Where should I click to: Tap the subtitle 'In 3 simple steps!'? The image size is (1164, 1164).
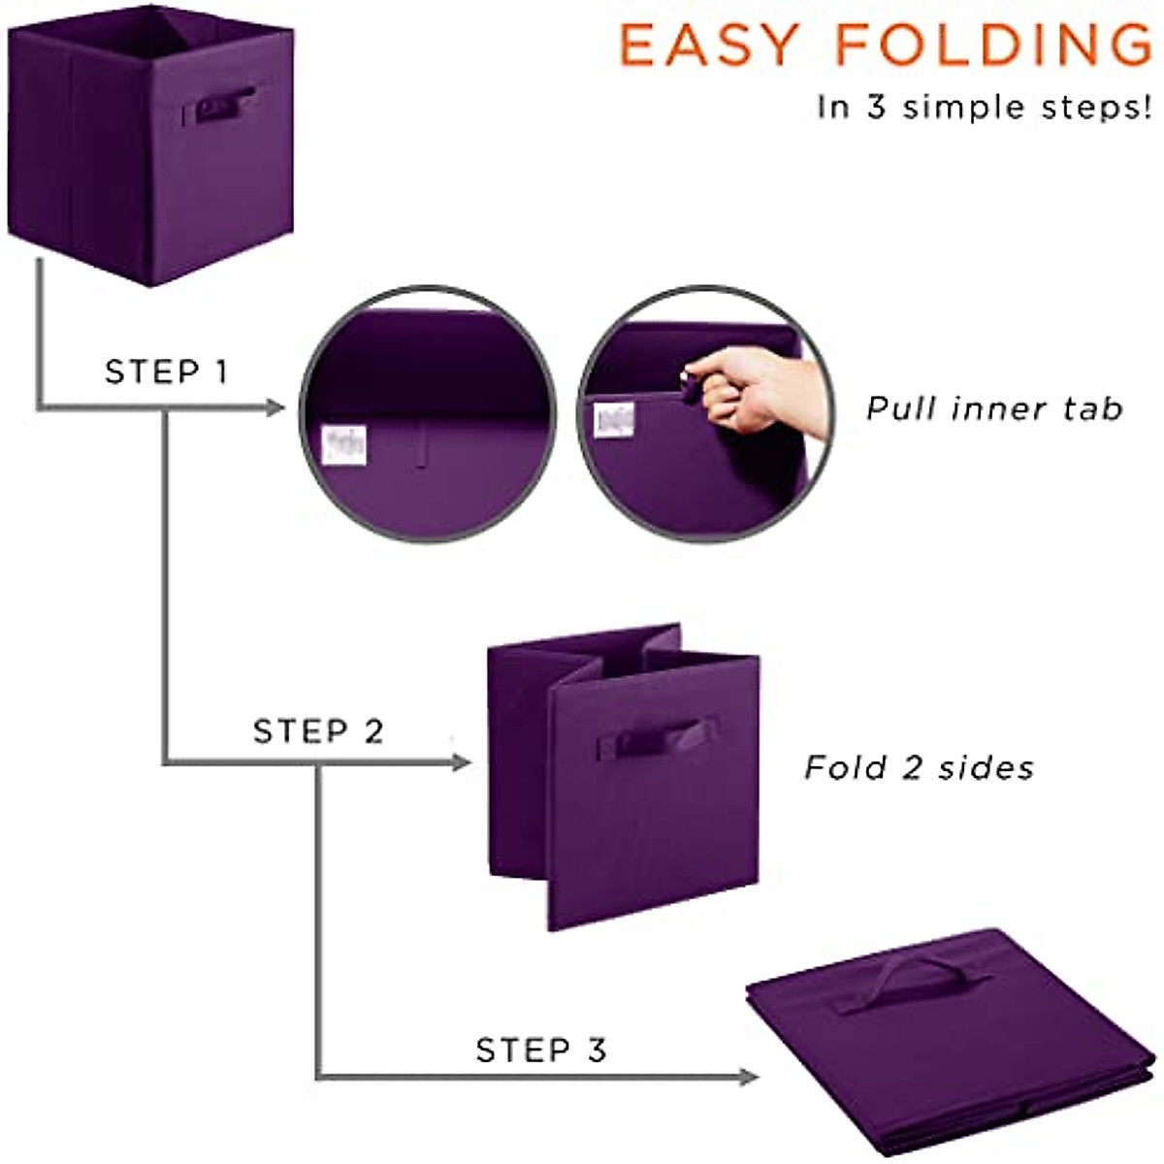pyautogui.click(x=984, y=106)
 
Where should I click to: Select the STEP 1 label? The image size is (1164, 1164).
pyautogui.click(x=166, y=372)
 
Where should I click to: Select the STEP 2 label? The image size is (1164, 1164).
pyautogui.click(x=318, y=730)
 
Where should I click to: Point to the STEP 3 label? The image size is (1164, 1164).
pyautogui.click(x=540, y=1050)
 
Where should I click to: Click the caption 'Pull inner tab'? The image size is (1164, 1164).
pyautogui.click(x=994, y=408)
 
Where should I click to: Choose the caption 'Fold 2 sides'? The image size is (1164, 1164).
pyautogui.click(x=919, y=768)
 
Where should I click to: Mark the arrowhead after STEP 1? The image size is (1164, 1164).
pyautogui.click(x=274, y=407)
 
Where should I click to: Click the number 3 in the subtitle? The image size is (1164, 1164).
pyautogui.click(x=876, y=106)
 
